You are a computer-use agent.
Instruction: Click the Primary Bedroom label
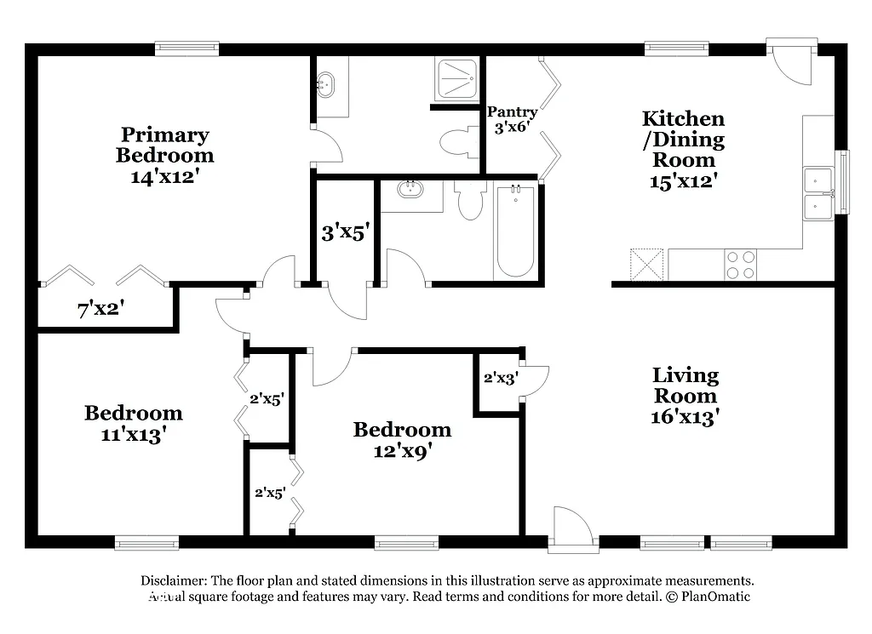pos(164,156)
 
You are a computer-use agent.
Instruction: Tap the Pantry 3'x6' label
pos(512,120)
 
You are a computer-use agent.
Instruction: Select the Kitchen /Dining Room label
pos(683,149)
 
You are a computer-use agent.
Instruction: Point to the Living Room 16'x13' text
pos(686,396)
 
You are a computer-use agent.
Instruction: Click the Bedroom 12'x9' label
pos(402,440)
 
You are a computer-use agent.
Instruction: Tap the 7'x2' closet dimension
pos(101,311)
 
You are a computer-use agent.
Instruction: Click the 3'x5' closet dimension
pos(344,232)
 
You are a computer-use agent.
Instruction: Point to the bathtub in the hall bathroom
pos(515,231)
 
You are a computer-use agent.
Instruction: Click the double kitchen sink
pos(818,193)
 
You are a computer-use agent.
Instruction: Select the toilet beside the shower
pos(460,141)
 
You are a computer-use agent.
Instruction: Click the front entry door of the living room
pos(571,528)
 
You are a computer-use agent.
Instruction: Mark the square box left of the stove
pos(646,264)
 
